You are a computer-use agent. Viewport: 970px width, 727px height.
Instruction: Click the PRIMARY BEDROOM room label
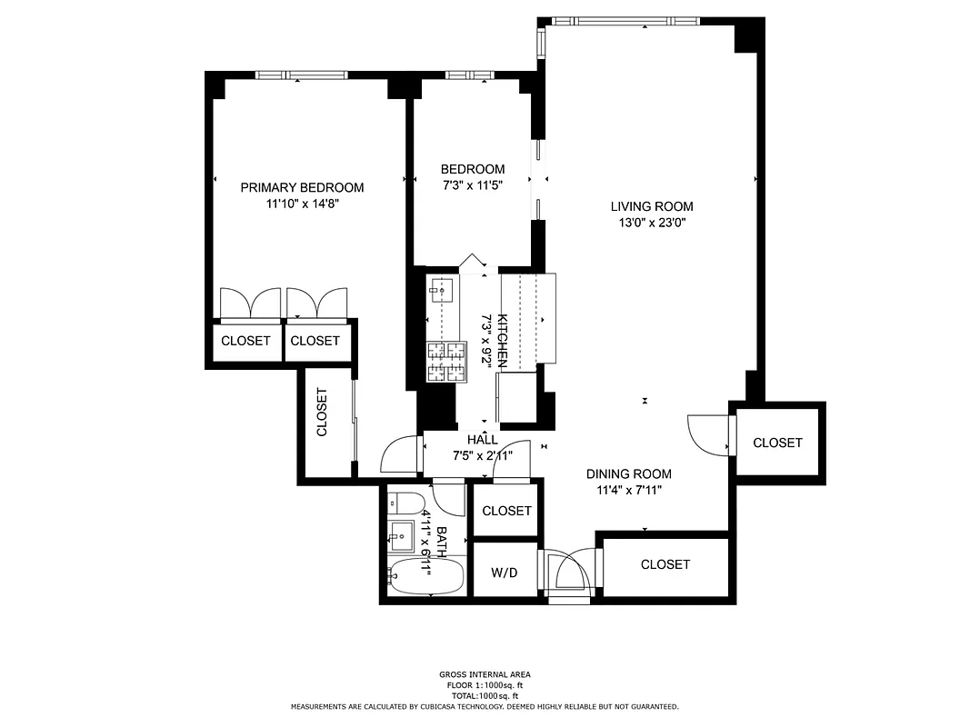(x=302, y=187)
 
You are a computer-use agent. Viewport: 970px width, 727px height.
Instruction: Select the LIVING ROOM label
(x=652, y=206)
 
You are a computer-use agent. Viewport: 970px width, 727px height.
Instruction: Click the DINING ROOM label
(x=628, y=473)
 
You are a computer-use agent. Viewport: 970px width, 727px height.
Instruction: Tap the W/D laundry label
(x=505, y=573)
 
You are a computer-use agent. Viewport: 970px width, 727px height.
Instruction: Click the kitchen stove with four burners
(x=446, y=363)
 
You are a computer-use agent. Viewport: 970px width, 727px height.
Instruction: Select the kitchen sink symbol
(x=441, y=292)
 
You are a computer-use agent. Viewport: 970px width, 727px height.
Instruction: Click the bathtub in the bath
(x=425, y=575)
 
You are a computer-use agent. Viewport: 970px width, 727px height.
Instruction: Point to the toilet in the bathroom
(x=405, y=503)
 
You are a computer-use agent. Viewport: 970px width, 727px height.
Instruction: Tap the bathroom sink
(x=401, y=535)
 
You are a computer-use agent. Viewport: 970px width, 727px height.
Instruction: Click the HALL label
(x=482, y=440)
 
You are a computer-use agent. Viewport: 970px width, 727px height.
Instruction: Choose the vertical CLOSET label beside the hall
(x=322, y=413)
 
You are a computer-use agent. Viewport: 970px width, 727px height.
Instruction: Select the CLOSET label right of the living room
(x=777, y=443)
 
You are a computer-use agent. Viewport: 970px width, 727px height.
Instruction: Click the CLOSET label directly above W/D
(x=506, y=511)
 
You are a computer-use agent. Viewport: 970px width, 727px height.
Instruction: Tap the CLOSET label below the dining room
(x=665, y=564)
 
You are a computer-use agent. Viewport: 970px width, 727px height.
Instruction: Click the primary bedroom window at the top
(x=300, y=75)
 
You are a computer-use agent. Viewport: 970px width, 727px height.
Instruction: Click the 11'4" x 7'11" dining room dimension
(x=628, y=491)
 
